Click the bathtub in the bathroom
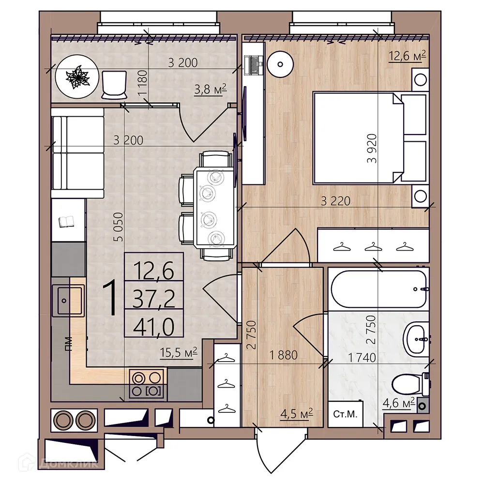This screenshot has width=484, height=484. pyautogui.click(x=378, y=288)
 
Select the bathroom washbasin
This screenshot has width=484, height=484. pyautogui.click(x=416, y=338)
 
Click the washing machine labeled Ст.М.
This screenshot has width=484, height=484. pyautogui.click(x=345, y=414)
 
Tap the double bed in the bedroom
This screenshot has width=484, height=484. pyautogui.click(x=358, y=138)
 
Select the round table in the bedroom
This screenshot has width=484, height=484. pyautogui.click(x=281, y=63)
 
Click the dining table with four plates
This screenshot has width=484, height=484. pyautogui.click(x=213, y=206)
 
